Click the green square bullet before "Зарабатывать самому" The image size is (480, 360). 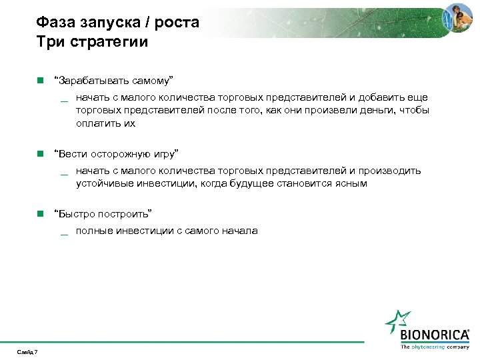coord(40,81)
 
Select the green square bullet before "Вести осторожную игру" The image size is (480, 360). coord(40,153)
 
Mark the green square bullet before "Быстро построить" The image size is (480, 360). coord(40,213)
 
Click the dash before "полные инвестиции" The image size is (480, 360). coord(64,233)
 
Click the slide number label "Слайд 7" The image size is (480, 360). coord(28,352)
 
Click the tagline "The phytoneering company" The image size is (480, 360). coord(434,347)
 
